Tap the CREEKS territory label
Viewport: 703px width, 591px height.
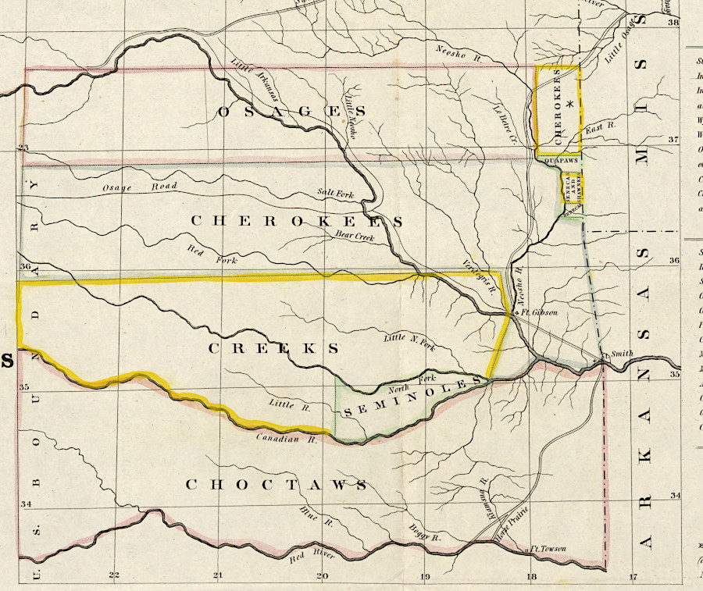coord(274,348)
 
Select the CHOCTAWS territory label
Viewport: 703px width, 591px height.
coord(276,485)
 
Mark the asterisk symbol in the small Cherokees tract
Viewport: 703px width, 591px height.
coord(571,104)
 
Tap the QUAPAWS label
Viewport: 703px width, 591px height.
coord(559,161)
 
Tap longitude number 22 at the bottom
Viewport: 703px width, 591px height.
coord(115,576)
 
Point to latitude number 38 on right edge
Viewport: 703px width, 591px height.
coord(673,23)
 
